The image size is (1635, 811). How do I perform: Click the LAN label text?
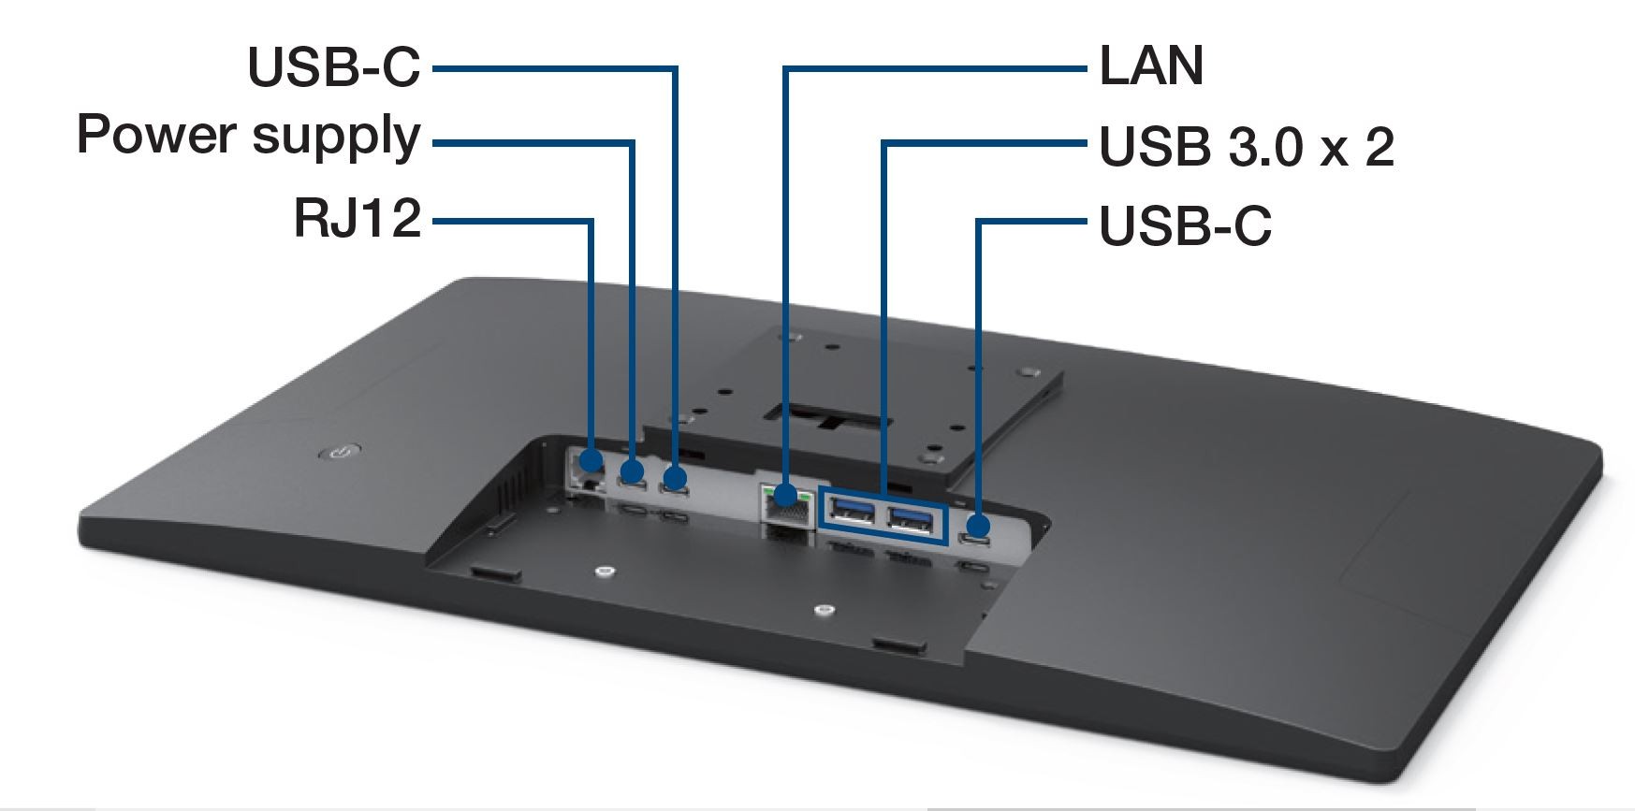tap(1150, 66)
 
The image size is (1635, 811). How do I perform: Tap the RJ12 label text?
tap(358, 219)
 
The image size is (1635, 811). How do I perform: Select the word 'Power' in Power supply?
tap(155, 135)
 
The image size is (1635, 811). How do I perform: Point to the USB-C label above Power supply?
tap(334, 66)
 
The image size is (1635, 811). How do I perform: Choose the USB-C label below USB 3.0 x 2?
tap(1185, 226)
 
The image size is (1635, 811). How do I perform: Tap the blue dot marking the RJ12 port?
tap(591, 460)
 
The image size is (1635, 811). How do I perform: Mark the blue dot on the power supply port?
tap(633, 471)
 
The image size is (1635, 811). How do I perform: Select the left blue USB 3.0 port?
tap(851, 513)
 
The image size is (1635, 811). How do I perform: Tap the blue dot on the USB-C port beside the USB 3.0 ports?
tap(979, 525)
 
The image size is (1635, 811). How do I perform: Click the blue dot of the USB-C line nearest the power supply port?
tap(674, 479)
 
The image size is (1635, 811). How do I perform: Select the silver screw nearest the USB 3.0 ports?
tap(824, 611)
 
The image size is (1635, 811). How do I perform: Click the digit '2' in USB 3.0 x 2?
tap(1378, 147)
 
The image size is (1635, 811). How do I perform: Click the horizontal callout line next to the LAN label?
tap(936, 67)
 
